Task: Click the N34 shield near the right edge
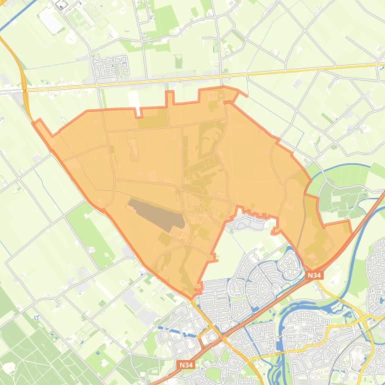[314, 275]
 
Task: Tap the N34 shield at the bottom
[185, 365]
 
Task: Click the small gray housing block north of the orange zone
[110, 67]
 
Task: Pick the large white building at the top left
[51, 21]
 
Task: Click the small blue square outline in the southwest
[35, 317]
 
